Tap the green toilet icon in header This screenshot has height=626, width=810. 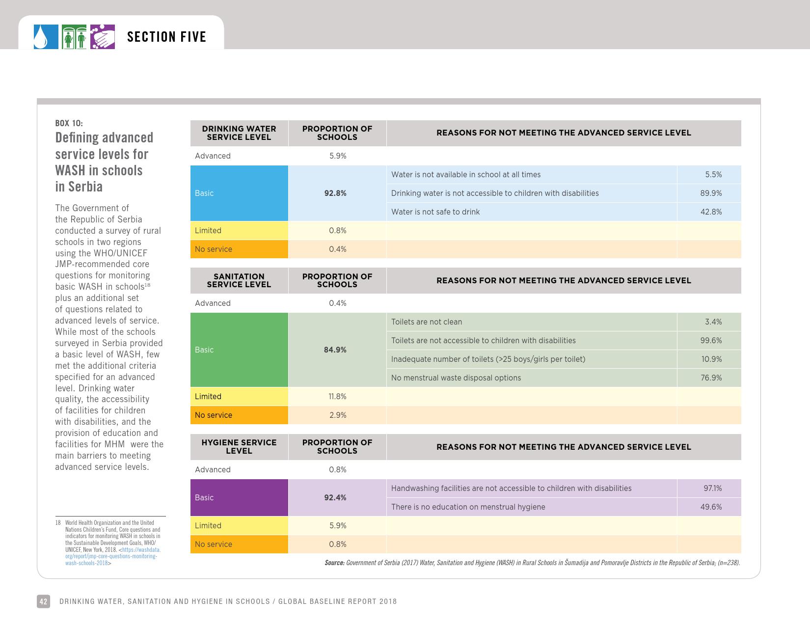click(x=74, y=37)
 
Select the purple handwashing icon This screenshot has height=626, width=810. click(x=103, y=37)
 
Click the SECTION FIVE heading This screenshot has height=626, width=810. click(x=166, y=37)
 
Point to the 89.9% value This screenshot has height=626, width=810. click(x=710, y=193)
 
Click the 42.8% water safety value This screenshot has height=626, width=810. click(x=710, y=212)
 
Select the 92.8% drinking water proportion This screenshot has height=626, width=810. click(x=335, y=193)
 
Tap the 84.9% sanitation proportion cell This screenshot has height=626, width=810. click(x=335, y=350)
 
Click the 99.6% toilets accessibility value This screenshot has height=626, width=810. click(x=710, y=341)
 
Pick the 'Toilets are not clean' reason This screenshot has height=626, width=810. click(x=427, y=322)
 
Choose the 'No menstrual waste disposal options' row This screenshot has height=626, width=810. click(x=456, y=378)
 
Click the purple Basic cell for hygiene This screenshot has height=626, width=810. click(x=239, y=497)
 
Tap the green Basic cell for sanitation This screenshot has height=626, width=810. click(x=239, y=350)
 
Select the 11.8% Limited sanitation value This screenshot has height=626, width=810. click(x=338, y=397)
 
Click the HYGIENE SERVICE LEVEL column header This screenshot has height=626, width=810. click(x=239, y=447)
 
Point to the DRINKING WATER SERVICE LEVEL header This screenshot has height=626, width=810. click(x=239, y=133)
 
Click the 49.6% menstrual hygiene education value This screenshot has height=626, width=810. click(x=710, y=507)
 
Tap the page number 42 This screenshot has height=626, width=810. click(x=43, y=601)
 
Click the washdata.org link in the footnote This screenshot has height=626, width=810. click(x=113, y=556)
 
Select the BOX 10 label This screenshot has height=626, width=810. click(x=69, y=123)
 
